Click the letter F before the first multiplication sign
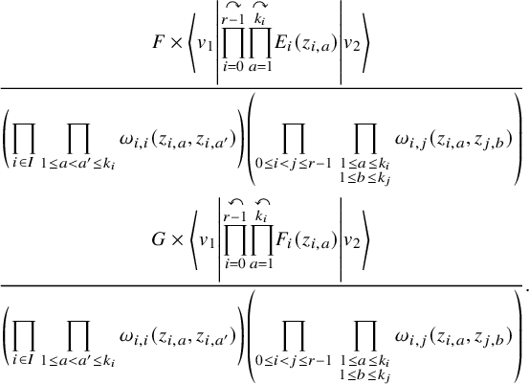point(158,42)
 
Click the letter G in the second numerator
point(159,239)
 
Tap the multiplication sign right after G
point(175,240)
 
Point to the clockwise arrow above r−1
point(233,4)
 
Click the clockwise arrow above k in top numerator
point(260,4)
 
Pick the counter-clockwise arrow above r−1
point(235,202)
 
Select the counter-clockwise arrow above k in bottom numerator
point(262,202)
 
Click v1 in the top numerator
point(205,44)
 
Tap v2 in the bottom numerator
point(352,241)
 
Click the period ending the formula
point(527,288)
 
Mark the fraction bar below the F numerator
point(261,88)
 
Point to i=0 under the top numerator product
point(233,67)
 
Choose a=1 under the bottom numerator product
point(261,264)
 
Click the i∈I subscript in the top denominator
point(24,163)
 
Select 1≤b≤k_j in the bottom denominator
point(365,375)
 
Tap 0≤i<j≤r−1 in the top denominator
point(294,164)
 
